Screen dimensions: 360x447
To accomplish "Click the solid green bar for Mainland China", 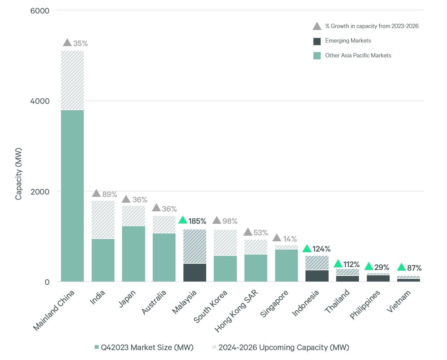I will pyautogui.click(x=72, y=195).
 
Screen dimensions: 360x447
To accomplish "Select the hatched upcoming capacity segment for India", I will pyautogui.click(x=103, y=220).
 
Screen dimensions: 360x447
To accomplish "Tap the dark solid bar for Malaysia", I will pyautogui.click(x=195, y=272).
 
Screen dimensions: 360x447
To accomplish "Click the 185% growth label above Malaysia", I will pyautogui.click(x=197, y=221).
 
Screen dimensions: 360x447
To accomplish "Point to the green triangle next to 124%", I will pyautogui.click(x=307, y=249).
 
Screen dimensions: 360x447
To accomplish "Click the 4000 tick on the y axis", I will pyautogui.click(x=40, y=101).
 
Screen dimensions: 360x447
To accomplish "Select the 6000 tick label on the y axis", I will pyautogui.click(x=40, y=11).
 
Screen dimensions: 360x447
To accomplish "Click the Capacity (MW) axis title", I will pyautogui.click(x=18, y=174).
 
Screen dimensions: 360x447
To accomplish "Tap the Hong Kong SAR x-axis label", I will pyautogui.click(x=236, y=311).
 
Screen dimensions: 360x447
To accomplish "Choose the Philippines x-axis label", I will pyautogui.click(x=365, y=305).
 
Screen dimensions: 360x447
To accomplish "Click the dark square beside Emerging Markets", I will pyautogui.click(x=317, y=41).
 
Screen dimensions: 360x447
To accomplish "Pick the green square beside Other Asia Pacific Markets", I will pyautogui.click(x=317, y=56).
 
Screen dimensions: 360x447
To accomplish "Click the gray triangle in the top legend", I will pyautogui.click(x=317, y=26).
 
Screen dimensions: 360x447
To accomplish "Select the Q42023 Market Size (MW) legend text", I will pyautogui.click(x=147, y=347).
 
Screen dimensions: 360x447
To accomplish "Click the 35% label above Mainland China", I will pyautogui.click(x=80, y=44).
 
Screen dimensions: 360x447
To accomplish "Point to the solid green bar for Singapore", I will pyautogui.click(x=286, y=265).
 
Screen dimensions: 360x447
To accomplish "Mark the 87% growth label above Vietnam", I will pyautogui.click(x=414, y=268).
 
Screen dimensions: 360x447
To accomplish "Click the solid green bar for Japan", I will pyautogui.click(x=134, y=254).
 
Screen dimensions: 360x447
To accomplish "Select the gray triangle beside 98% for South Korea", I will pyautogui.click(x=217, y=221).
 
